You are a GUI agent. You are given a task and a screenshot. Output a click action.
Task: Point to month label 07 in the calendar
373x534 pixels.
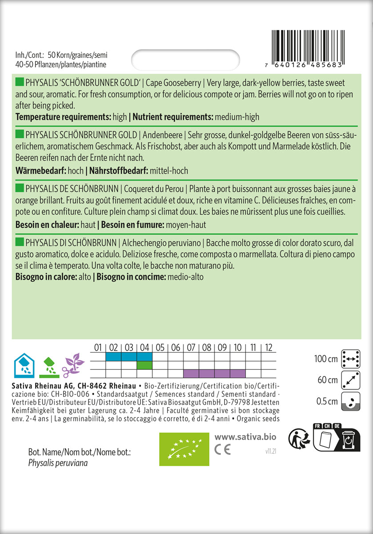pos(191,348)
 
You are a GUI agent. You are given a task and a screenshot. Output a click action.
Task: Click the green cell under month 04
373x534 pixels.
pos(144,365)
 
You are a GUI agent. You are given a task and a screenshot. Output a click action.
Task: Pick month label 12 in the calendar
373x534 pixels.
pos(269,348)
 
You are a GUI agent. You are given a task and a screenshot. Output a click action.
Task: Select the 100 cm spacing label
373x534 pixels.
pos(326,359)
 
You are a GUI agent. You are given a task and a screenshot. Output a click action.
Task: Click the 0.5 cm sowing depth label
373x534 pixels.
pos(327,401)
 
